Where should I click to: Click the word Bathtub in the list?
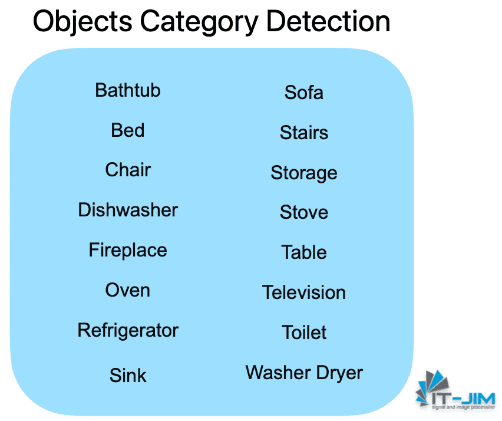[128, 90]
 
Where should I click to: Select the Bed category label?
[128, 130]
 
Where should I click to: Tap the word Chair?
[128, 170]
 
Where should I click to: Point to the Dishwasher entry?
[128, 210]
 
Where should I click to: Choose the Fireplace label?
[128, 250]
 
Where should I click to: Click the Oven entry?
[128, 290]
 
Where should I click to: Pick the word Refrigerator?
[128, 330]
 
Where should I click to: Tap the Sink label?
[128, 376]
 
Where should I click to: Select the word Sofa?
[304, 93]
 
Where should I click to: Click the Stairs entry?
[304, 133]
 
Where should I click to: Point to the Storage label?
[304, 173]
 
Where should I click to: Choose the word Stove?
[304, 212]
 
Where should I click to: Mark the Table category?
[304, 252]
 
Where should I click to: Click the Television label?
[304, 292]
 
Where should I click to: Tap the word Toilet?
[304, 333]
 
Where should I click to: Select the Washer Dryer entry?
[304, 373]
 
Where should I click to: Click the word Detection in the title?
[328, 21]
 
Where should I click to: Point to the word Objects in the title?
[82, 21]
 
